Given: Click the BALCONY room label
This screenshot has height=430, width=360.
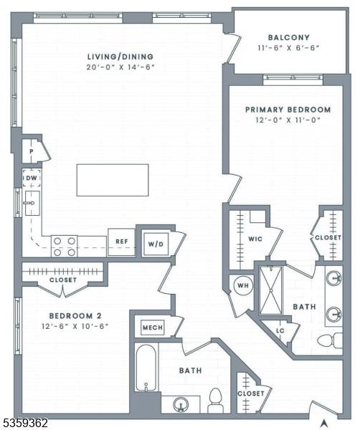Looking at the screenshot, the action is (289, 37).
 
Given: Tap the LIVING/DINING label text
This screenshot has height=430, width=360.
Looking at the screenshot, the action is (120, 57).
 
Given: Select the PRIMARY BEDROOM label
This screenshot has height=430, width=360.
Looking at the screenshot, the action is (288, 110).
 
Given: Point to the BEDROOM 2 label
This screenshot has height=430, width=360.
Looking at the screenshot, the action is (75, 315).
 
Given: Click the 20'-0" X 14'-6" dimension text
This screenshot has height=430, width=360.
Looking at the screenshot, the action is (120, 67).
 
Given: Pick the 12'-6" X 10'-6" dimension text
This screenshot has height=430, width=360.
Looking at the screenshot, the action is (75, 326).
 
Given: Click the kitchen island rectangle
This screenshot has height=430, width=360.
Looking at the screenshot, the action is (113, 180).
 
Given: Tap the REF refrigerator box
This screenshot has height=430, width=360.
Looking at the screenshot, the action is (122, 242).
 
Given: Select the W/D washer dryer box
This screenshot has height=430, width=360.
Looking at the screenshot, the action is (156, 244).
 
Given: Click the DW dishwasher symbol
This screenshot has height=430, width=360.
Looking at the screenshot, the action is (32, 178).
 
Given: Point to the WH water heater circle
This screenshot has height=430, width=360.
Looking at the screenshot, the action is (243, 285).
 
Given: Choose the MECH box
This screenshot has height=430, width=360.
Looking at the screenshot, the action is (153, 328).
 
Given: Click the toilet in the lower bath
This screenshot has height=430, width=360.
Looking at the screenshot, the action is (215, 400).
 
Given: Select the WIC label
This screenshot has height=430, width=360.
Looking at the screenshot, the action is (255, 239).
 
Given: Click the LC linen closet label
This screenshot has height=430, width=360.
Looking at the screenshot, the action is (280, 330).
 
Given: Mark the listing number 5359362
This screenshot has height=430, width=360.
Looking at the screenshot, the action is (24, 422).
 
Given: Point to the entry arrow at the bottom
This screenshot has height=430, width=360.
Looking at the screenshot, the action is (325, 423).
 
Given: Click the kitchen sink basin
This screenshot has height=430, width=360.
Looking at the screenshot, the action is (32, 204).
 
